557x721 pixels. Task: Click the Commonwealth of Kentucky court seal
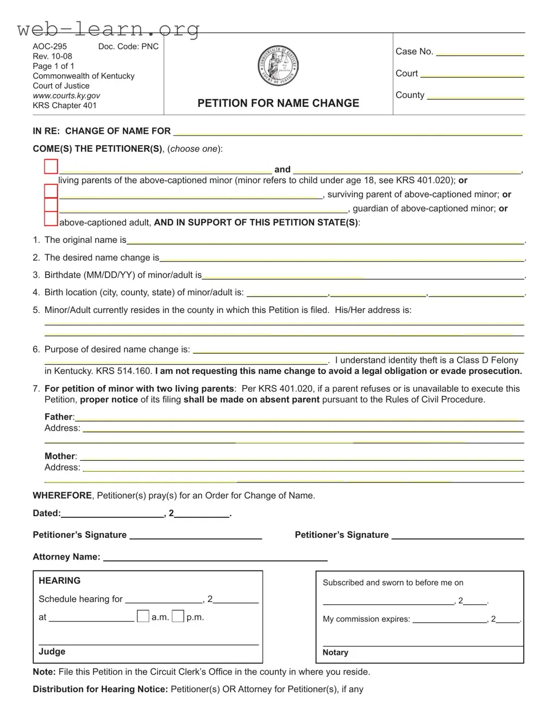click(x=278, y=67)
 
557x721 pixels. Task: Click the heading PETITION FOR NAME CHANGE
click(x=278, y=103)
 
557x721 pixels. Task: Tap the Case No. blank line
click(x=480, y=53)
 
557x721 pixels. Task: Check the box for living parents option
click(x=51, y=167)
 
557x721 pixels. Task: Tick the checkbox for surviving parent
click(x=51, y=191)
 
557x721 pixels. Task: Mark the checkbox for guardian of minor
click(x=51, y=205)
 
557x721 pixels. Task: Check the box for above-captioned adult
click(x=51, y=218)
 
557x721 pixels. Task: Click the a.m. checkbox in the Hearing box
click(x=143, y=616)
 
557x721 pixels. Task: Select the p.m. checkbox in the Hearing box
click(x=178, y=616)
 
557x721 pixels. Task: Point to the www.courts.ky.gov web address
click(x=66, y=96)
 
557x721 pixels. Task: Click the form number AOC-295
click(x=50, y=47)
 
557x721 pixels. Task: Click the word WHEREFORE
click(x=62, y=496)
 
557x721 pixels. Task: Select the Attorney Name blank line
click(x=215, y=558)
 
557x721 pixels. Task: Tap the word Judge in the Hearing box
click(x=52, y=651)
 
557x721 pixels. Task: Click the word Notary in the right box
click(x=335, y=653)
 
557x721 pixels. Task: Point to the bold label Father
click(x=59, y=417)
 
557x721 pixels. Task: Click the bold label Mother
click(x=60, y=456)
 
